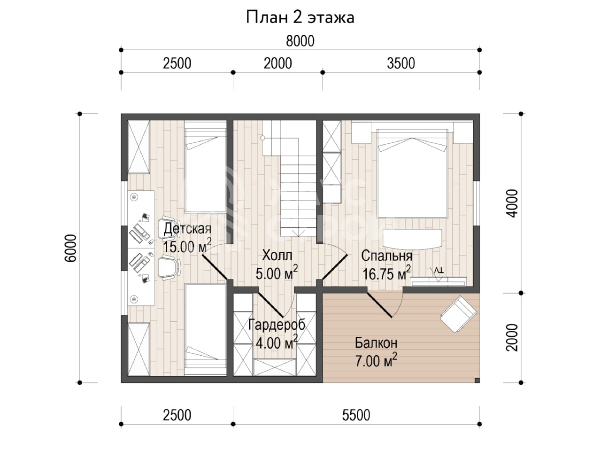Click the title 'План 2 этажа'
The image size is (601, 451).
pos(300,17)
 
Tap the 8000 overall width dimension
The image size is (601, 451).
pos(300,41)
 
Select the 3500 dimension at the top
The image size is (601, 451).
pos(401,63)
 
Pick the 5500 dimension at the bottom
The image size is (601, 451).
pos(356,415)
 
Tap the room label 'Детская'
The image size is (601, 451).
pos(187,229)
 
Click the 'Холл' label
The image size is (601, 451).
pos(277,255)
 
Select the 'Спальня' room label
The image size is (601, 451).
pos(386,256)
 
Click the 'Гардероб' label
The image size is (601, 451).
pos(277,325)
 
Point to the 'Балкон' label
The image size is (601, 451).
pos(376,342)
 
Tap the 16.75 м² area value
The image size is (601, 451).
pos(386,273)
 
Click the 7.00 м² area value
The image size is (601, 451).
pos(376,360)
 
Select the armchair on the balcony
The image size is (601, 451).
pos(459,314)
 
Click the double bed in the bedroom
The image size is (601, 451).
pos(412,173)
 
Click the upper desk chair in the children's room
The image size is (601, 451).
pos(170,228)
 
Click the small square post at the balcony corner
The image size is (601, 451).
pos(477,380)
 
